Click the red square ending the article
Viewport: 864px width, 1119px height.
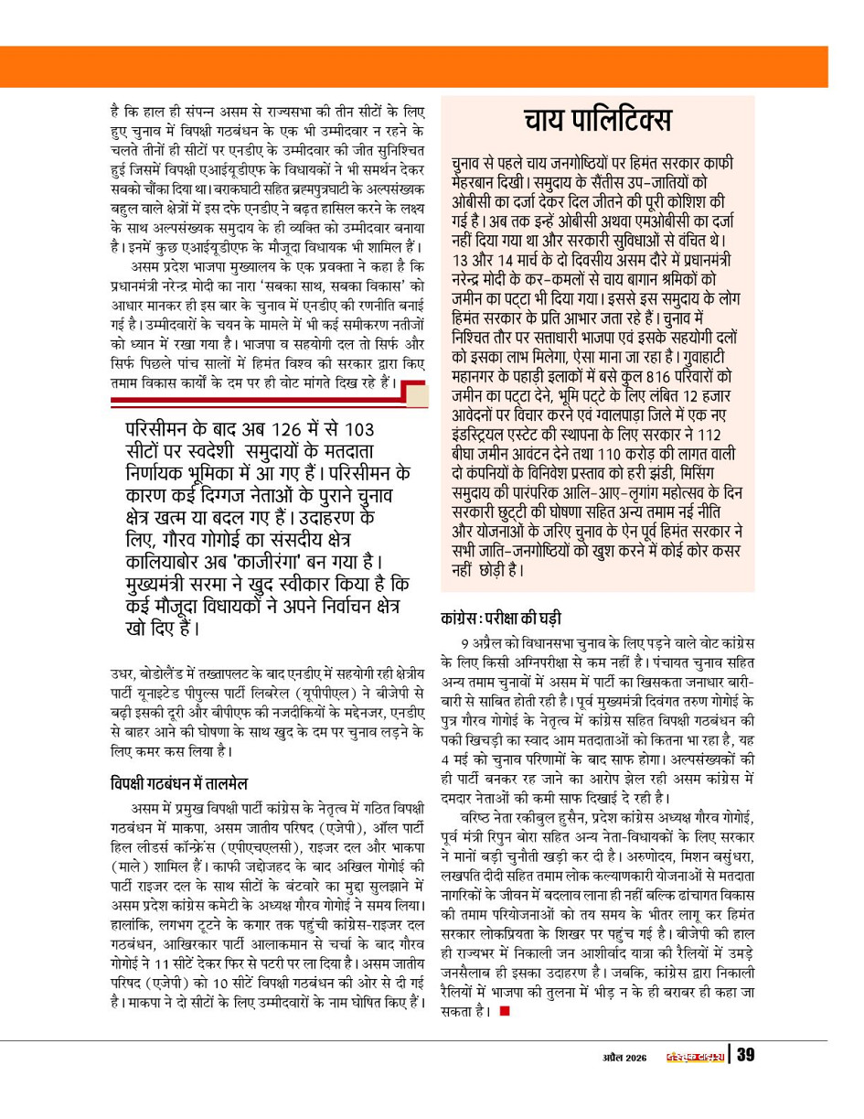coord(503,1012)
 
